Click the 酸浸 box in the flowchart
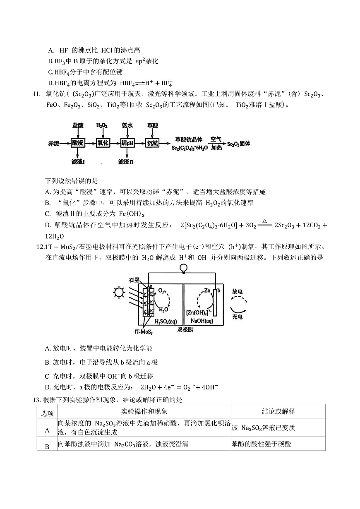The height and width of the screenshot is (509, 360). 77,143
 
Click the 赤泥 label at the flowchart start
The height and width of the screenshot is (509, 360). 54,144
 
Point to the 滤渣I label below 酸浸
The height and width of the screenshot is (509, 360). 78,161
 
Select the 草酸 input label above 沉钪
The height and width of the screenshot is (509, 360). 152,125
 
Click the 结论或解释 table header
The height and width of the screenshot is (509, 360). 278,411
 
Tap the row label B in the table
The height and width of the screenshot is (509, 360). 47,446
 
